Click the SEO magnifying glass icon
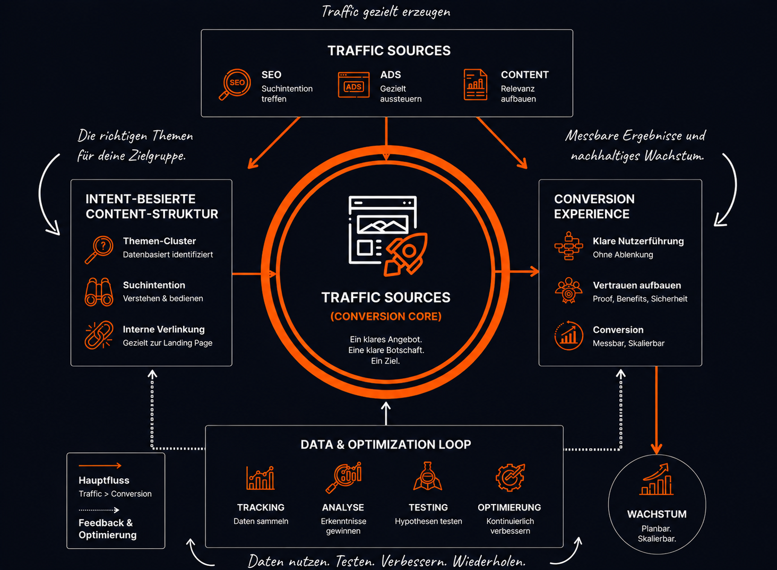235,84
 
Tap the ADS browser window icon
353,84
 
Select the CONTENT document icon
475,84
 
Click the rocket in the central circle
405,254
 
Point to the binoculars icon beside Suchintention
99,292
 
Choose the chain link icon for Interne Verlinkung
99,335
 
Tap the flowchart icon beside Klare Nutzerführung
568,246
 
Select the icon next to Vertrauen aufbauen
568,290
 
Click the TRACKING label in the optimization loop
261,507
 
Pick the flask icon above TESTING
428,476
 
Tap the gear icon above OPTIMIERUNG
510,477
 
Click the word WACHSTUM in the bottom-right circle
657,514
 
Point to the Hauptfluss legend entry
103,480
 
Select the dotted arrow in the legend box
99,509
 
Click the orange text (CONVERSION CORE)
386,316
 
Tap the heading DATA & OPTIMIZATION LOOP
386,444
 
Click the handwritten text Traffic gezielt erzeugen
386,12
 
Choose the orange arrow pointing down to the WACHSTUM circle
657,410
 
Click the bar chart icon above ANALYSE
343,477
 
